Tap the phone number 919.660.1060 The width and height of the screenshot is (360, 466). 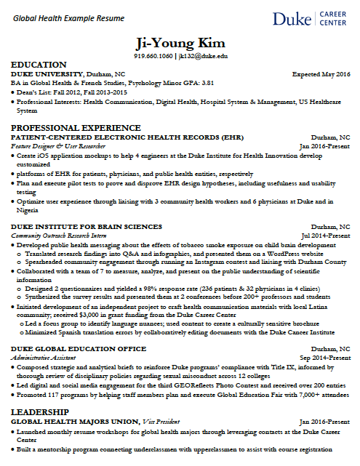[153, 55]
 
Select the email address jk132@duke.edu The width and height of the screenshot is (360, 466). [203, 55]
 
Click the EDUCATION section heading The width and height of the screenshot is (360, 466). [39, 65]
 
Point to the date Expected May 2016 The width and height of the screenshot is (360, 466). [321, 74]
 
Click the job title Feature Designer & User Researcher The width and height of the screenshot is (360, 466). [57, 146]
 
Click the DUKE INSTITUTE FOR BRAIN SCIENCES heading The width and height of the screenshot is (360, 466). [87, 227]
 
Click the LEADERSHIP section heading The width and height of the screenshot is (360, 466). [40, 412]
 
